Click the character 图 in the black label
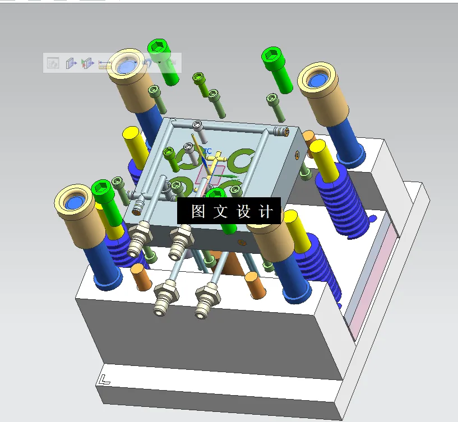pyautogui.click(x=197, y=211)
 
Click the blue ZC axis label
pyautogui.click(x=207, y=151)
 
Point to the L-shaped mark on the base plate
pyautogui.click(x=103, y=379)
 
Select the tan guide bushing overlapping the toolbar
pyautogui.click(x=127, y=67)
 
